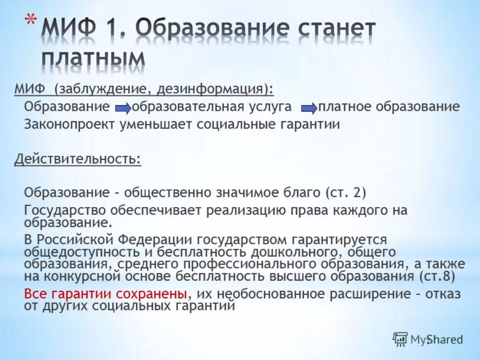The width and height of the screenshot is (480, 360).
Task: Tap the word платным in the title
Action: tap(94, 59)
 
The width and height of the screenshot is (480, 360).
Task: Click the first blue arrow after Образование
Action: tap(122, 108)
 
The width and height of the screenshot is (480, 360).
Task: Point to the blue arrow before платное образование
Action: tap(309, 108)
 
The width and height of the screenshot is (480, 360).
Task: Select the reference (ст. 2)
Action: tap(345, 192)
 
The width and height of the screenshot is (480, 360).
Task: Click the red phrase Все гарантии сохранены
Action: tap(105, 294)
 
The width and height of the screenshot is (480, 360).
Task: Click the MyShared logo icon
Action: tap(400, 339)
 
